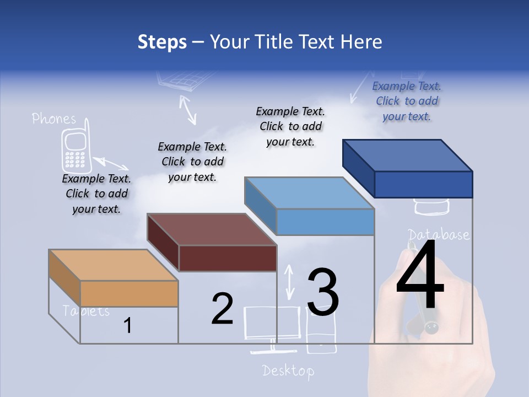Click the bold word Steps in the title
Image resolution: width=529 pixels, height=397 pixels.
click(162, 42)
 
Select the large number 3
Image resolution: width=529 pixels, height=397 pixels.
click(323, 292)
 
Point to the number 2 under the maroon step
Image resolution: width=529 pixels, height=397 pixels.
click(222, 309)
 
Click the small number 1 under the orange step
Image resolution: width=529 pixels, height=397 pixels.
click(128, 326)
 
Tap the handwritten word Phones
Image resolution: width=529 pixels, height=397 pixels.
click(54, 119)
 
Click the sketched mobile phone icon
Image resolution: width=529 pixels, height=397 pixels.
click(75, 150)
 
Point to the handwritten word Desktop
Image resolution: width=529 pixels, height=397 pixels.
click(288, 370)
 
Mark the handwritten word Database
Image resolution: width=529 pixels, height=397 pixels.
click(439, 234)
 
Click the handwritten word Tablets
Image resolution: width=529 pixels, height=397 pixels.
click(87, 311)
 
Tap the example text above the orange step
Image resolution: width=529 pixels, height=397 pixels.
click(96, 194)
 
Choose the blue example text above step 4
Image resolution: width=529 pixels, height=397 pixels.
click(407, 101)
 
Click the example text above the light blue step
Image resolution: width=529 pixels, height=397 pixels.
click(290, 126)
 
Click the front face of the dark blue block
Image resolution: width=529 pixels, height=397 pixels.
click(423, 184)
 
